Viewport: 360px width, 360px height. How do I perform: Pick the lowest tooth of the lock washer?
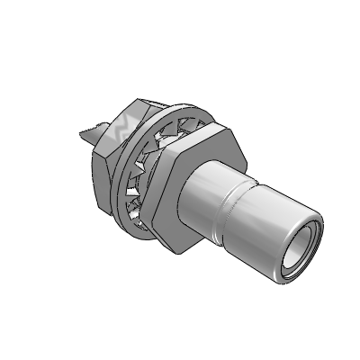point(139,230)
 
